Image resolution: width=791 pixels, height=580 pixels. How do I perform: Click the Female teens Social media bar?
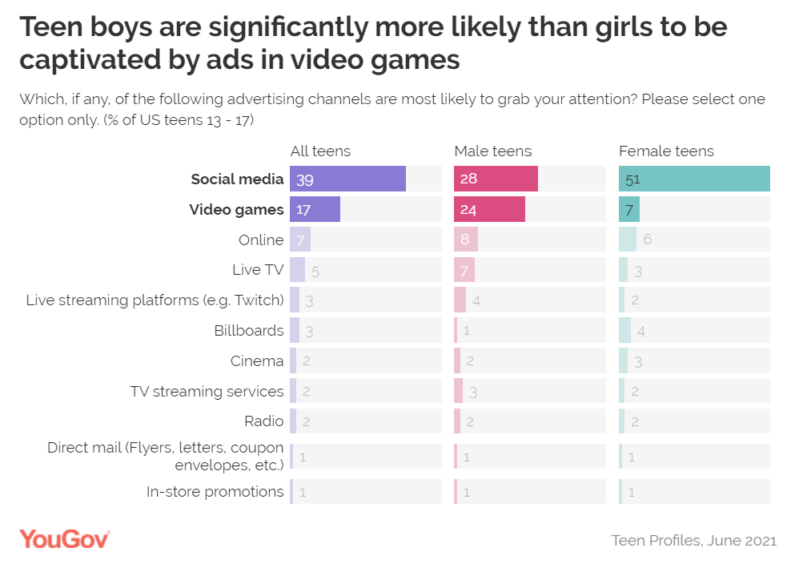(694, 179)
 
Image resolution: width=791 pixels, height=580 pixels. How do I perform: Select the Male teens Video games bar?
(489, 209)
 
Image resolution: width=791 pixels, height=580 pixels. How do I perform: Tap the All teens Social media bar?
(347, 179)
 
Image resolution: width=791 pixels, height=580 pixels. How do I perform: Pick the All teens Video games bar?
(315, 209)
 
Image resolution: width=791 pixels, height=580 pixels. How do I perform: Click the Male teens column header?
(492, 151)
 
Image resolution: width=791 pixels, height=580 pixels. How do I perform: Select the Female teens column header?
(666, 151)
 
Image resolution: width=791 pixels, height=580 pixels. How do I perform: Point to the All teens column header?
(320, 151)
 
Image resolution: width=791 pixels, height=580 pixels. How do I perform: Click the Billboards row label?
(248, 330)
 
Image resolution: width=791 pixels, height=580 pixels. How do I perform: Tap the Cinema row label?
(256, 360)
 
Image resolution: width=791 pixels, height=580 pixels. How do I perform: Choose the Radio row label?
(263, 421)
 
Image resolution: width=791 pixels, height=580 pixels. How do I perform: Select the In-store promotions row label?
(215, 491)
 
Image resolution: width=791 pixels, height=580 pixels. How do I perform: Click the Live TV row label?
(258, 270)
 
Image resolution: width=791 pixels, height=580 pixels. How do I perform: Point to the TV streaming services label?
(207, 391)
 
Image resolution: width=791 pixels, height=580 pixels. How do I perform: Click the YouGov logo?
(65, 538)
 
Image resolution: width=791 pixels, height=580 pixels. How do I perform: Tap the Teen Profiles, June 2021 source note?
(693, 540)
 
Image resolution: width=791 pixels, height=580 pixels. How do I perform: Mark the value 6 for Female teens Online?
(648, 240)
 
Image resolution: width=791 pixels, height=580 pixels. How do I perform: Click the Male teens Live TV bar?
(464, 270)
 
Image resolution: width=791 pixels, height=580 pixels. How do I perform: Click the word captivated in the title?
(89, 59)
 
